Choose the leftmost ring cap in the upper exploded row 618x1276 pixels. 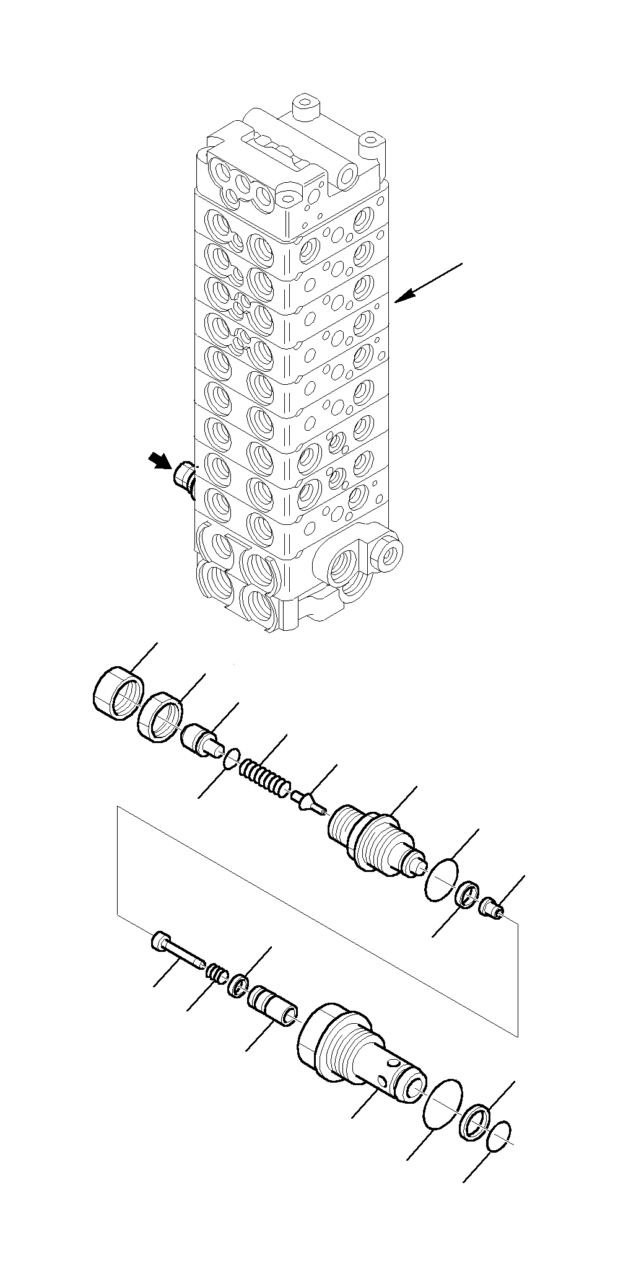pyautogui.click(x=119, y=693)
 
